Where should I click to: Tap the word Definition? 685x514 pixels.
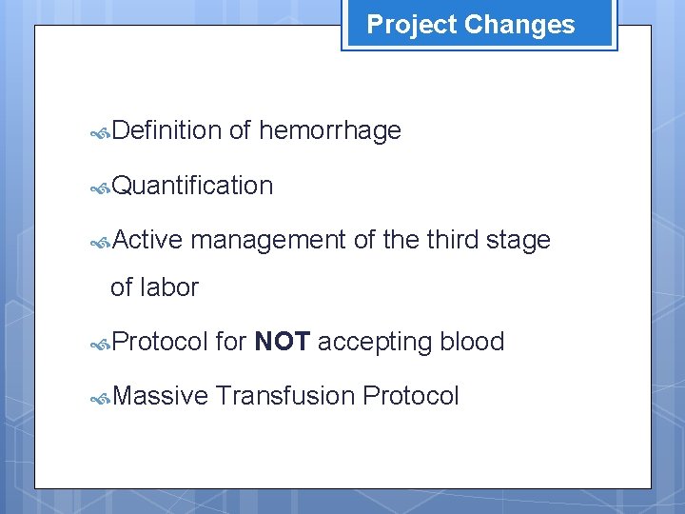point(166,130)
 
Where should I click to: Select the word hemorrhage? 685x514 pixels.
point(329,130)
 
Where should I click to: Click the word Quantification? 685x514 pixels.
point(192,186)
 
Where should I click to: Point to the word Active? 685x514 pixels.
point(147,240)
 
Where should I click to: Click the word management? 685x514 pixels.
point(268,240)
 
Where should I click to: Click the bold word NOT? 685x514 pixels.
point(283,342)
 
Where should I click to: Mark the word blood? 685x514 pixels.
point(472,342)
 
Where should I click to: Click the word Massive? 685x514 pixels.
point(160,395)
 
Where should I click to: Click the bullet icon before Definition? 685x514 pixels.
point(101,132)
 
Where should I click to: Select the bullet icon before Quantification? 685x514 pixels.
point(101,188)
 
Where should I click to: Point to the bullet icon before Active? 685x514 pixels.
point(101,242)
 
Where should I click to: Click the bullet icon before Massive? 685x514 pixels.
point(101,397)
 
